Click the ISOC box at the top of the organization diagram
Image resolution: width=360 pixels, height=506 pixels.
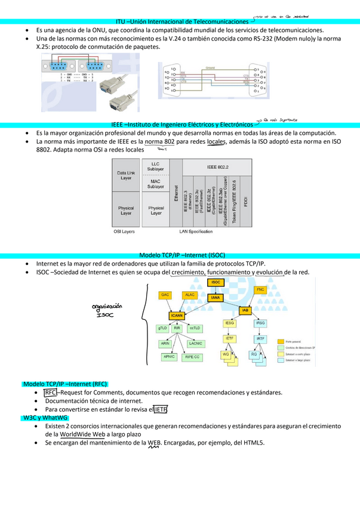[x=216, y=282]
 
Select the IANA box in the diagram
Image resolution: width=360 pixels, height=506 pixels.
[x=216, y=297]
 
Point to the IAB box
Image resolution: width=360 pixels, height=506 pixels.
[x=245, y=311]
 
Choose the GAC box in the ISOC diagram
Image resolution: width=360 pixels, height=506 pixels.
[x=165, y=295]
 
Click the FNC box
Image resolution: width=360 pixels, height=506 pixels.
[x=260, y=289]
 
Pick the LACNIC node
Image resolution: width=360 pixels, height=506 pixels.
[x=195, y=344]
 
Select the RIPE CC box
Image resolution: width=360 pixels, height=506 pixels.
[x=192, y=357]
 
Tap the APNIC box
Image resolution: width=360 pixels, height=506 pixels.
[x=169, y=357]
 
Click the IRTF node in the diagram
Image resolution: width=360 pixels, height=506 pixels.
[x=260, y=338]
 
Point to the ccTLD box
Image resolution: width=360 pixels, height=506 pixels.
[x=195, y=328]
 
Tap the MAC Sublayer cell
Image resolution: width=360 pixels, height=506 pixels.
[x=156, y=184]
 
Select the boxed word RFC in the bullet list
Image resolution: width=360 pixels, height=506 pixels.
[x=50, y=393]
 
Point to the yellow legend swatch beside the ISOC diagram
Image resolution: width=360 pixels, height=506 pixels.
[x=281, y=341]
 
